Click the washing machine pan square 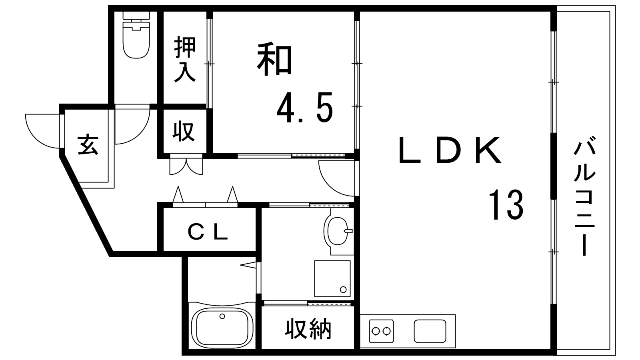click(x=332, y=278)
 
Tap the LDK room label click(x=450, y=150)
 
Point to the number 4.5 click(x=305, y=108)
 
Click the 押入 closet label click(x=185, y=60)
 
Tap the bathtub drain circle click(x=222, y=316)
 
